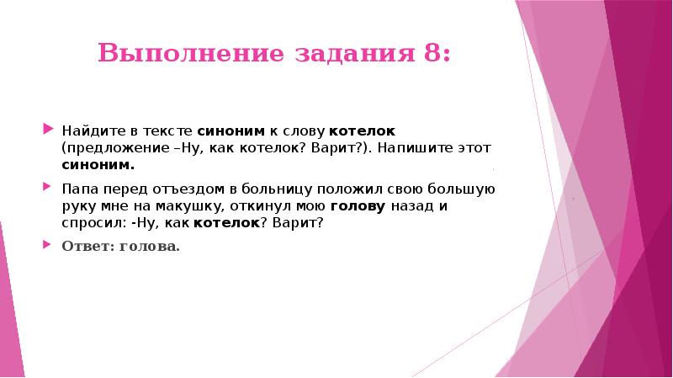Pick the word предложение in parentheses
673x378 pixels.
pyautogui.click(x=102, y=149)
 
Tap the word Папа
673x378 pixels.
pyautogui.click(x=77, y=188)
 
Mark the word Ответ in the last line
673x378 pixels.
pyautogui.click(x=81, y=248)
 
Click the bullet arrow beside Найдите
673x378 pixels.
pyautogui.click(x=47, y=131)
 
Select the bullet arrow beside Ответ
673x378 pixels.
pyautogui.click(x=47, y=247)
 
